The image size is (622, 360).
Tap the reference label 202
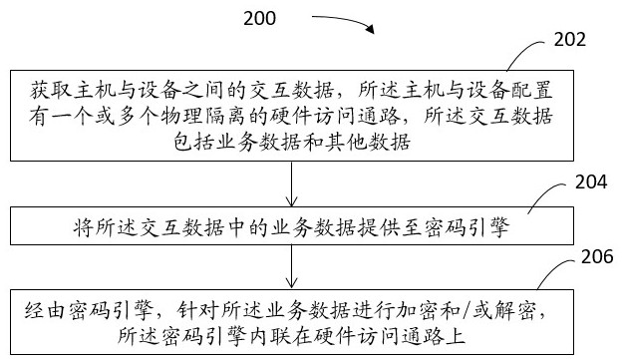[565, 41]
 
